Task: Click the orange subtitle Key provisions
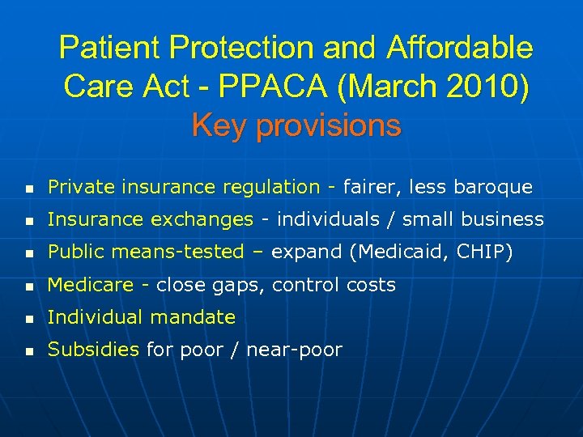click(x=296, y=125)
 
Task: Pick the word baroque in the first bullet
click(x=495, y=188)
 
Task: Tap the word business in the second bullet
click(x=507, y=220)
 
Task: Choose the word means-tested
click(x=180, y=252)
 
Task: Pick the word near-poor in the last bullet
click(x=296, y=350)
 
